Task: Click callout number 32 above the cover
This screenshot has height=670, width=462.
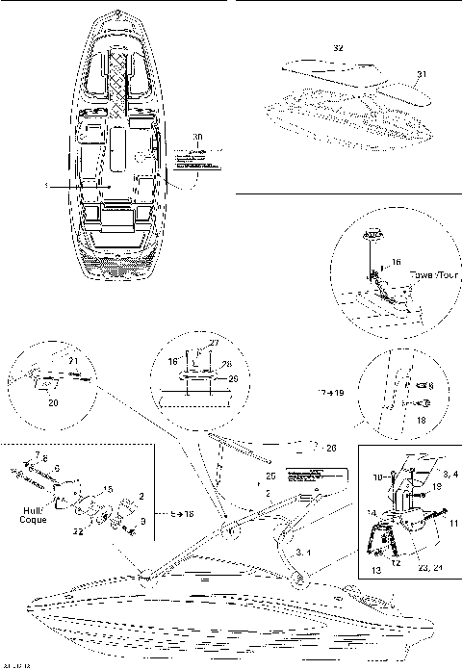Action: coord(337,46)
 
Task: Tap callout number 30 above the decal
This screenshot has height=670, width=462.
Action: coord(198,137)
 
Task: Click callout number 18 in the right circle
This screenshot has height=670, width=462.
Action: coord(420,420)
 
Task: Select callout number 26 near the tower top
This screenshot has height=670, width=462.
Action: coord(332,447)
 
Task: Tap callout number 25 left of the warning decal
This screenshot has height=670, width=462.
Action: coord(270,477)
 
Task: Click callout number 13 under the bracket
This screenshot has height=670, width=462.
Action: coord(376,570)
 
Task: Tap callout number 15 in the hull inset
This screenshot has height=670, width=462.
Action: coord(108,489)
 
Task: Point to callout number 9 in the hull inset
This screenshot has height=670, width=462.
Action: coord(143,523)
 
